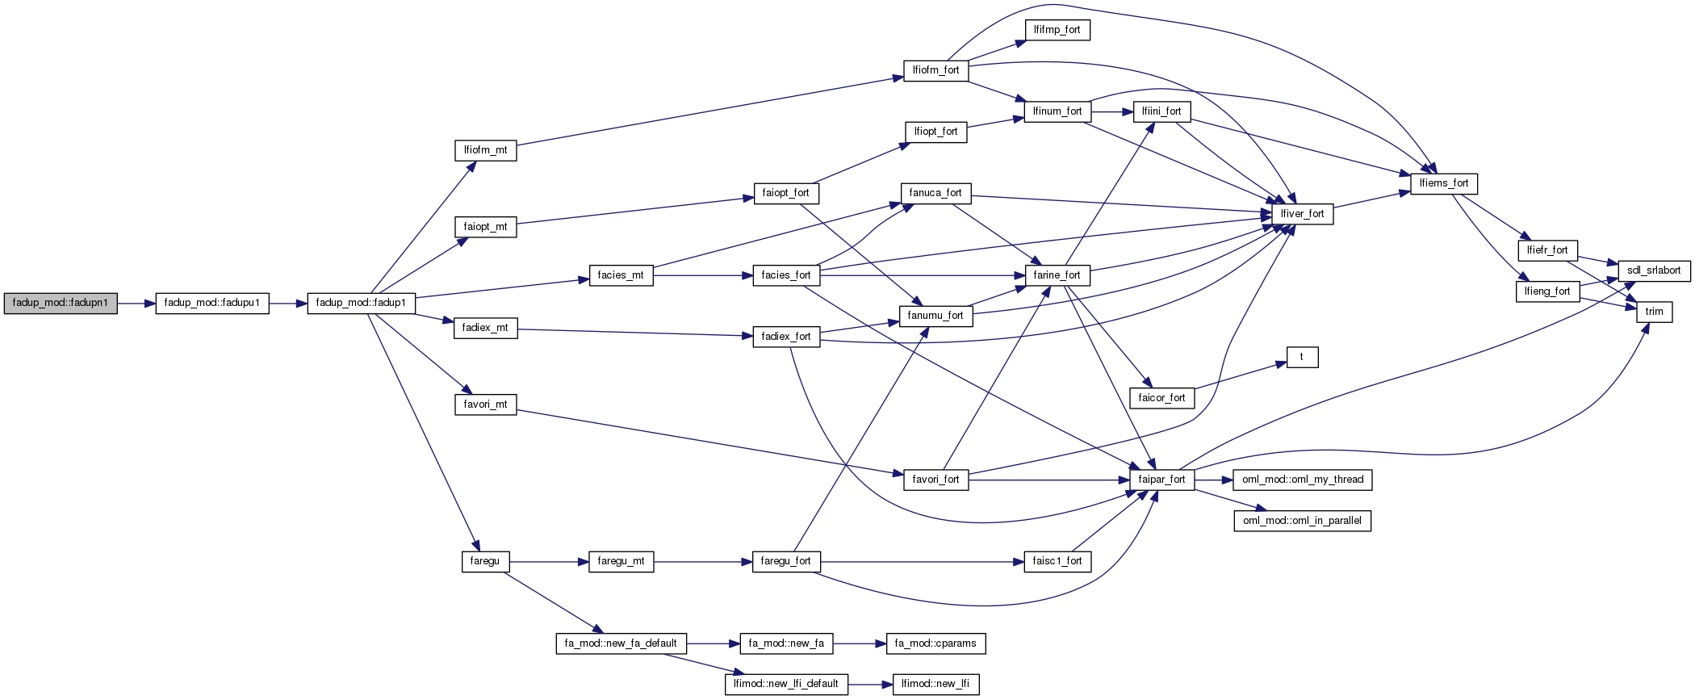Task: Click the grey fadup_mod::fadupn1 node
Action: [x=61, y=304]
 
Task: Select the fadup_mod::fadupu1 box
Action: [x=212, y=304]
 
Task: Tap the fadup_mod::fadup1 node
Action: [x=361, y=304]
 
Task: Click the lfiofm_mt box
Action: [x=485, y=151]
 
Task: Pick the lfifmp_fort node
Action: [x=1057, y=31]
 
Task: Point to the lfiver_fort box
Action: [x=1302, y=215]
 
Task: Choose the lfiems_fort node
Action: [x=1444, y=184]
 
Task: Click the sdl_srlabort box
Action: [x=1654, y=271]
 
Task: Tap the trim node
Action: [x=1654, y=312]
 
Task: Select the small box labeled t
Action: [x=1302, y=358]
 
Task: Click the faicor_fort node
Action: [x=1161, y=399]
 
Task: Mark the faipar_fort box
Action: [x=1161, y=480]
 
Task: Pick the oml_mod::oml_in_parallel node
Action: [x=1302, y=522]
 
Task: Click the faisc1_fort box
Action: [x=1057, y=562]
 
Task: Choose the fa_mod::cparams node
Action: [x=935, y=644]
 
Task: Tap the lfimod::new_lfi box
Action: [x=935, y=685]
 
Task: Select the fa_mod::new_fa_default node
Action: [x=621, y=644]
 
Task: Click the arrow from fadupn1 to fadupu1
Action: [x=136, y=304]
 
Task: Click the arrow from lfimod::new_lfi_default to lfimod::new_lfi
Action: [x=869, y=685]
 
